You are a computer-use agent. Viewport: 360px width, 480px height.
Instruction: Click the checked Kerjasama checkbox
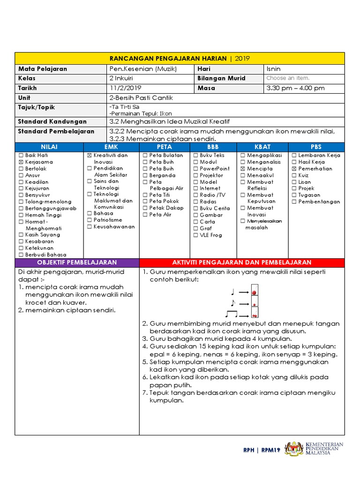pos(21,162)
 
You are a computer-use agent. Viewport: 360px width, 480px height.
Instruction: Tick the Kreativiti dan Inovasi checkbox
pos(90,155)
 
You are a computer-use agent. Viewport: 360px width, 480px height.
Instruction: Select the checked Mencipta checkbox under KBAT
pos(243,169)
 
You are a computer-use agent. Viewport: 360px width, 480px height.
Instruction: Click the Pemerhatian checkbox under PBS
pos(294,169)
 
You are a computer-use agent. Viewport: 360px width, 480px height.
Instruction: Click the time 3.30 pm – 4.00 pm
pos(295,88)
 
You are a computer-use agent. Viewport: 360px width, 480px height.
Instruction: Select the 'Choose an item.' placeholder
pos(288,78)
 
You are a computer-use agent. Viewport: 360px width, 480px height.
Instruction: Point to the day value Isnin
pos(273,69)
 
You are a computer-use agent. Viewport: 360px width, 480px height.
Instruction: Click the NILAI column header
pos(49,147)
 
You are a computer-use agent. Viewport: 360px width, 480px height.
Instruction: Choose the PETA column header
pos(164,147)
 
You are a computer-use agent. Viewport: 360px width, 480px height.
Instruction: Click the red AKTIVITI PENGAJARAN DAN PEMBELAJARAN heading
pos(241,262)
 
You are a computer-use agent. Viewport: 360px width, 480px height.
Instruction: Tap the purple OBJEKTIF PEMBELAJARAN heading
pos(77,262)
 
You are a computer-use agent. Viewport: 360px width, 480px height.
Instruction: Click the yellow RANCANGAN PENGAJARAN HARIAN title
pos(180,59)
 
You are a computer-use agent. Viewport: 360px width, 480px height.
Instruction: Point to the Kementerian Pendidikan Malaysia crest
pos(294,449)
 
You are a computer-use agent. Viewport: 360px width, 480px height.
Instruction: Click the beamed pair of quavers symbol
pos(232,314)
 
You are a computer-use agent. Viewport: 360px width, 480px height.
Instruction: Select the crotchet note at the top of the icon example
pos(232,292)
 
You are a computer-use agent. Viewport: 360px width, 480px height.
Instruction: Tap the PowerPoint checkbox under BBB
pos(195,169)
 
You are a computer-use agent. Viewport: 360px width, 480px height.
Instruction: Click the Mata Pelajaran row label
pos(42,69)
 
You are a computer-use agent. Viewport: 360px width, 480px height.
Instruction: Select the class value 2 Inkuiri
pos(121,78)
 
